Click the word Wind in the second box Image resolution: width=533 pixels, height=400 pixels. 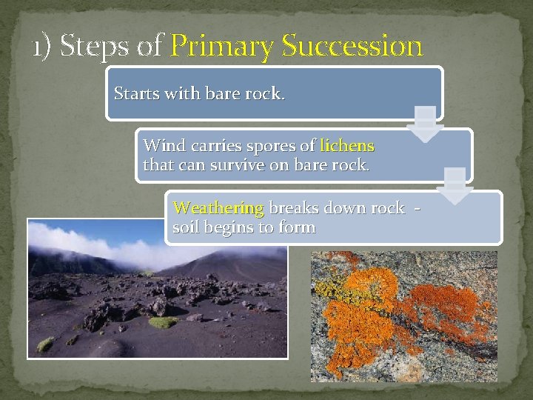point(162,145)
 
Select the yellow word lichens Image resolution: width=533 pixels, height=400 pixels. point(346,145)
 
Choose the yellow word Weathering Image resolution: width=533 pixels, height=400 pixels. point(218,207)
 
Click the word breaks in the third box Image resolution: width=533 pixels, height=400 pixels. point(294,207)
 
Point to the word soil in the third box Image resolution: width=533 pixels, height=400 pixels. point(186,227)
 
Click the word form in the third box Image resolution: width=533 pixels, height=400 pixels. point(298,227)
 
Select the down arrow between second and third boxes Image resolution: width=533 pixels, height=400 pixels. point(455,186)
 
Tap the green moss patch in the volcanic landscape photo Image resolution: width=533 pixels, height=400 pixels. point(161,322)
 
